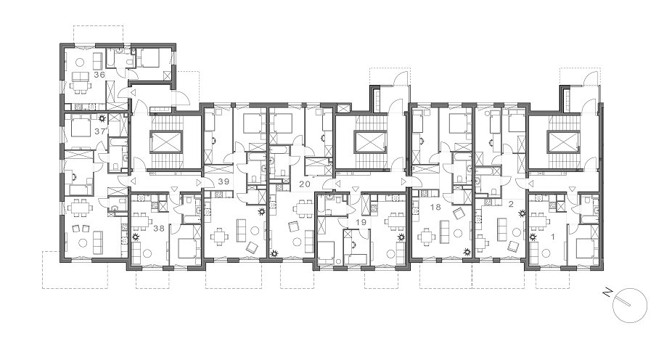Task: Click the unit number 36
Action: tap(99, 75)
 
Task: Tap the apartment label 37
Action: tap(100, 131)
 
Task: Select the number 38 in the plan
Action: tap(159, 229)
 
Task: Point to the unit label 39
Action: tap(224, 181)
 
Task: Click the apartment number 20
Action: tap(305, 184)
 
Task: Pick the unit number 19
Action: tap(361, 222)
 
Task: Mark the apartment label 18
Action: tap(435, 208)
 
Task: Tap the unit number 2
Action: tap(510, 204)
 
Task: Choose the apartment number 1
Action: tap(553, 236)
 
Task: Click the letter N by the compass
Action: tap(607, 292)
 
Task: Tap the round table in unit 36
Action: tap(79, 62)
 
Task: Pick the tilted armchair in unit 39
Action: tap(252, 247)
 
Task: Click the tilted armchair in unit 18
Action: tap(459, 213)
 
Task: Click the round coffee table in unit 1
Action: tap(546, 253)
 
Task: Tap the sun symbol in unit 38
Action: tap(136, 237)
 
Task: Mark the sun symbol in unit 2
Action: tap(522, 213)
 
